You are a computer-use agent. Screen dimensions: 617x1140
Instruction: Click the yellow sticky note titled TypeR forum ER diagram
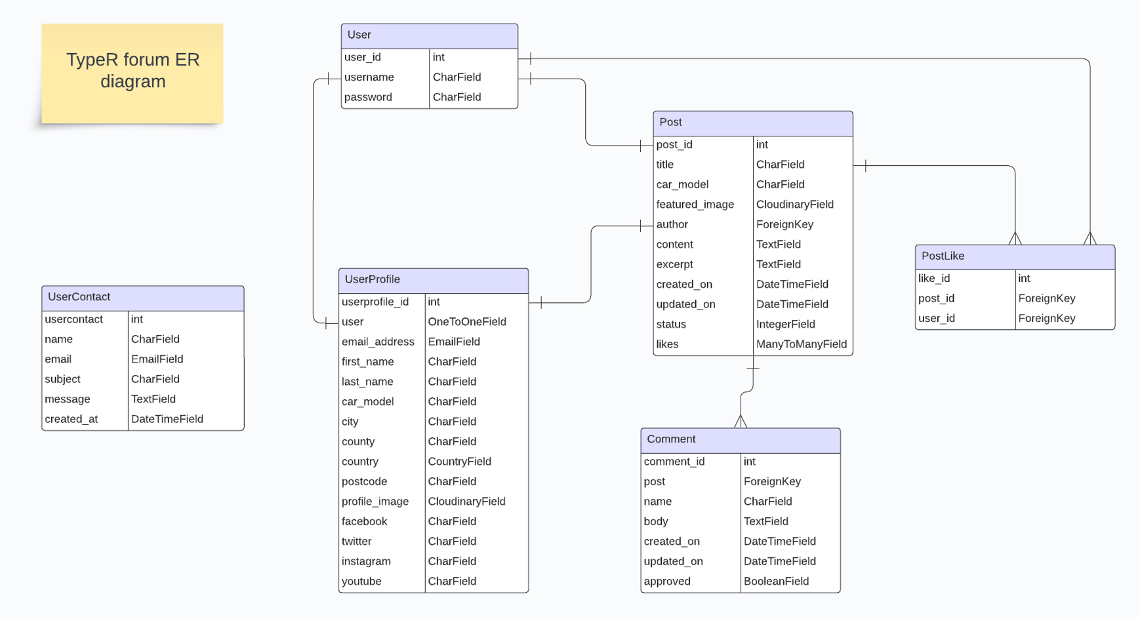(x=132, y=73)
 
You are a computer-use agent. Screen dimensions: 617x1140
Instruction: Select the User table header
(x=429, y=35)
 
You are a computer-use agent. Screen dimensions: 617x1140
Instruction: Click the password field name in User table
(x=368, y=97)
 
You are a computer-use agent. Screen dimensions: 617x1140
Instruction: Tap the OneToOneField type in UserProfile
(x=466, y=322)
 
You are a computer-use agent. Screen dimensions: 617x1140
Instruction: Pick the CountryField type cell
(x=459, y=462)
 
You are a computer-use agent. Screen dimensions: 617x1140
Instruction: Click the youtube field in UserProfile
(x=361, y=582)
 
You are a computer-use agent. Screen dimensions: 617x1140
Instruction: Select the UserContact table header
(x=142, y=298)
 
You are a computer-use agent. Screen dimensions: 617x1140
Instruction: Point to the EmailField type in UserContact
(x=157, y=359)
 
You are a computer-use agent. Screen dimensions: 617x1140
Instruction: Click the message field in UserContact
(x=68, y=399)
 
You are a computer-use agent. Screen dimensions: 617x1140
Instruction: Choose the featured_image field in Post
(x=695, y=205)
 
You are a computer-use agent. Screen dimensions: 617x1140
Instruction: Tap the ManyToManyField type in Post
(x=801, y=344)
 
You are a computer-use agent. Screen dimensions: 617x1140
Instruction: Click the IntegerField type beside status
(x=785, y=325)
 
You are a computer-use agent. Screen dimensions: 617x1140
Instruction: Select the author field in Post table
(x=672, y=225)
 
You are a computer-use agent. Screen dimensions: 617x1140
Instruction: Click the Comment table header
(x=740, y=440)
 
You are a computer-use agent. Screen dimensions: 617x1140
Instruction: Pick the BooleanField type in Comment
(x=776, y=582)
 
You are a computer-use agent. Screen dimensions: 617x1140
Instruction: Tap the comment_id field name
(x=674, y=462)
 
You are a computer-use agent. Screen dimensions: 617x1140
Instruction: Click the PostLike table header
(x=1014, y=256)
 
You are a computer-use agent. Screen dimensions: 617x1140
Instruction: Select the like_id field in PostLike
(x=934, y=279)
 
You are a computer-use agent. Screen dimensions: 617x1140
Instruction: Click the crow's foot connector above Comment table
(x=741, y=421)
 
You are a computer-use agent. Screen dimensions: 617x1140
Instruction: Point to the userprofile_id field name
(x=375, y=302)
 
